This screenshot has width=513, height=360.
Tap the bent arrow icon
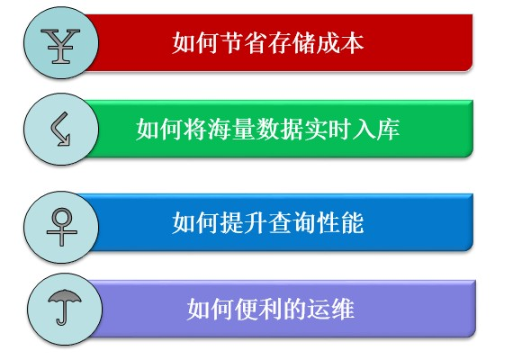[x=59, y=130]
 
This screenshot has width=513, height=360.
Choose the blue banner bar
[x=414, y=221]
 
